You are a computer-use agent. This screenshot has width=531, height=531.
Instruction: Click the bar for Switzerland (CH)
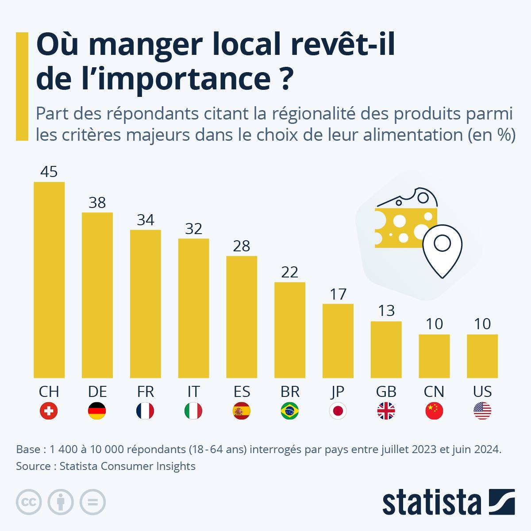pyautogui.click(x=49, y=280)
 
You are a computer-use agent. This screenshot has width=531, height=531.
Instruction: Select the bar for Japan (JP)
pyautogui.click(x=338, y=341)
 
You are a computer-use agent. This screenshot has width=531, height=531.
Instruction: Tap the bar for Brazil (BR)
pyautogui.click(x=290, y=330)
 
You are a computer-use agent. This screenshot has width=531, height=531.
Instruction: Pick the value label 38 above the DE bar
pyautogui.click(x=97, y=203)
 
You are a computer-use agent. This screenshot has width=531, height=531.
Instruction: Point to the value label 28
pyautogui.click(x=242, y=246)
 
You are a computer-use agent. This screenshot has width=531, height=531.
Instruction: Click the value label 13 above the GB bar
pyautogui.click(x=386, y=311)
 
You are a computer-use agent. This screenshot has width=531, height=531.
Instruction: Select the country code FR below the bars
pyautogui.click(x=145, y=392)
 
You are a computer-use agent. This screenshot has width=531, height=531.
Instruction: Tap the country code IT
pyautogui.click(x=193, y=392)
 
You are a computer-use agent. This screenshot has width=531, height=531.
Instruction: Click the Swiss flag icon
pyautogui.click(x=49, y=411)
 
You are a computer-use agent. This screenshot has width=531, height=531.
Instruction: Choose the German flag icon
pyautogui.click(x=97, y=411)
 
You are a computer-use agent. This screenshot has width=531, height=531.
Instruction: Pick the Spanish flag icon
pyautogui.click(x=242, y=411)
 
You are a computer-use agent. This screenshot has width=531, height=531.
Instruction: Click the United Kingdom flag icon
pyautogui.click(x=386, y=411)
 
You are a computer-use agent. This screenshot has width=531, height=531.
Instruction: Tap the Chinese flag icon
pyautogui.click(x=434, y=411)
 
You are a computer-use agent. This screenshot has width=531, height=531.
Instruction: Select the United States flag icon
pyautogui.click(x=482, y=411)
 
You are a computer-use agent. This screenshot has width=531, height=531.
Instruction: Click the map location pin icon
pyautogui.click(x=442, y=250)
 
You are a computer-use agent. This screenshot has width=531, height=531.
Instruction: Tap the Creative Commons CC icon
pyautogui.click(x=29, y=502)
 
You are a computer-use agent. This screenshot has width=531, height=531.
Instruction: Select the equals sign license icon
pyautogui.click(x=92, y=502)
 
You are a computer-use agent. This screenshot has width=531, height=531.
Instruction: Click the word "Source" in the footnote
pyautogui.click(x=33, y=466)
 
